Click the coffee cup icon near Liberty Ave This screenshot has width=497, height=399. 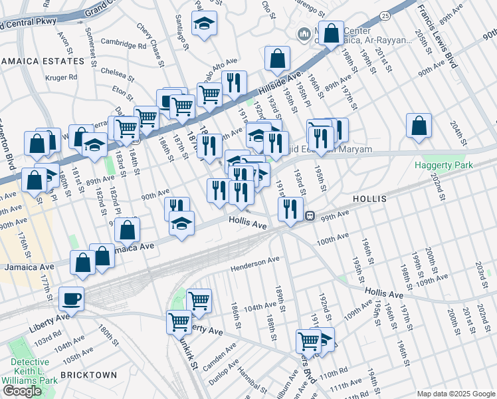(x=71, y=299)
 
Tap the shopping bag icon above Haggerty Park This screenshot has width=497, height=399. (x=419, y=126)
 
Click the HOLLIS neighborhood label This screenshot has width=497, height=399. (x=373, y=199)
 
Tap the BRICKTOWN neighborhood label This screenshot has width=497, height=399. (x=89, y=375)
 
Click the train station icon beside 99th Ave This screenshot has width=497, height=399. (x=310, y=215)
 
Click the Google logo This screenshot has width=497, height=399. (x=22, y=390)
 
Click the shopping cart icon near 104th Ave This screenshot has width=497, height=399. (x=199, y=301)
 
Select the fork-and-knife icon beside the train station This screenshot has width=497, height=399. (x=290, y=208)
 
